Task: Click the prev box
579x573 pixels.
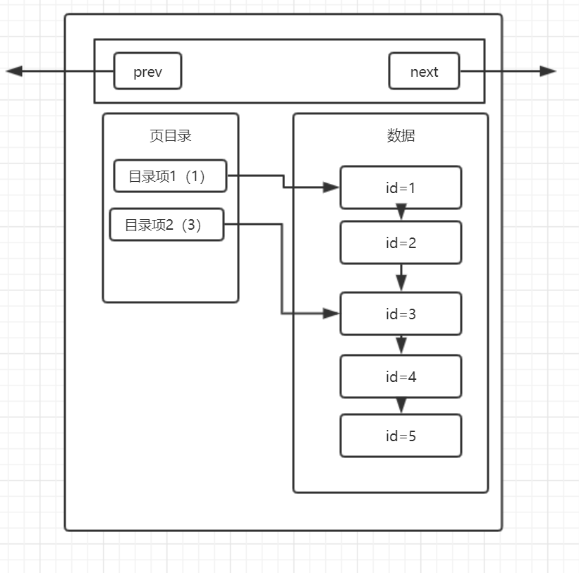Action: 147,71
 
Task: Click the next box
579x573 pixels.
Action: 424,71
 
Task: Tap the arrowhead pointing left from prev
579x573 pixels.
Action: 14,71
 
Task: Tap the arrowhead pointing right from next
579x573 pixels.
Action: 548,71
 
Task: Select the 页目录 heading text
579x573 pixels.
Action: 170,136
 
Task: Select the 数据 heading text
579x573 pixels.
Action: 401,136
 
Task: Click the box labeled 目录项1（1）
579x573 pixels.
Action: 170,176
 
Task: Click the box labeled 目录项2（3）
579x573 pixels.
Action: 166,225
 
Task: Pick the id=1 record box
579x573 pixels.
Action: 401,187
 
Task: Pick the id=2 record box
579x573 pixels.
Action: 401,242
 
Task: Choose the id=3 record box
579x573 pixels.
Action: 401,314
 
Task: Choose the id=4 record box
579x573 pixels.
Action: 401,376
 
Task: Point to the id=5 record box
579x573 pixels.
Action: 401,436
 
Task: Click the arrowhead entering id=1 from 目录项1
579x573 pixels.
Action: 331,187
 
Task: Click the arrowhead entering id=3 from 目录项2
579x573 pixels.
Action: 331,314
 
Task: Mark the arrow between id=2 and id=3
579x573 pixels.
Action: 401,279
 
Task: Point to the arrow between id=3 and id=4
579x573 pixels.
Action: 401,345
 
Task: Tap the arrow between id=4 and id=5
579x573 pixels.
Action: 401,406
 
